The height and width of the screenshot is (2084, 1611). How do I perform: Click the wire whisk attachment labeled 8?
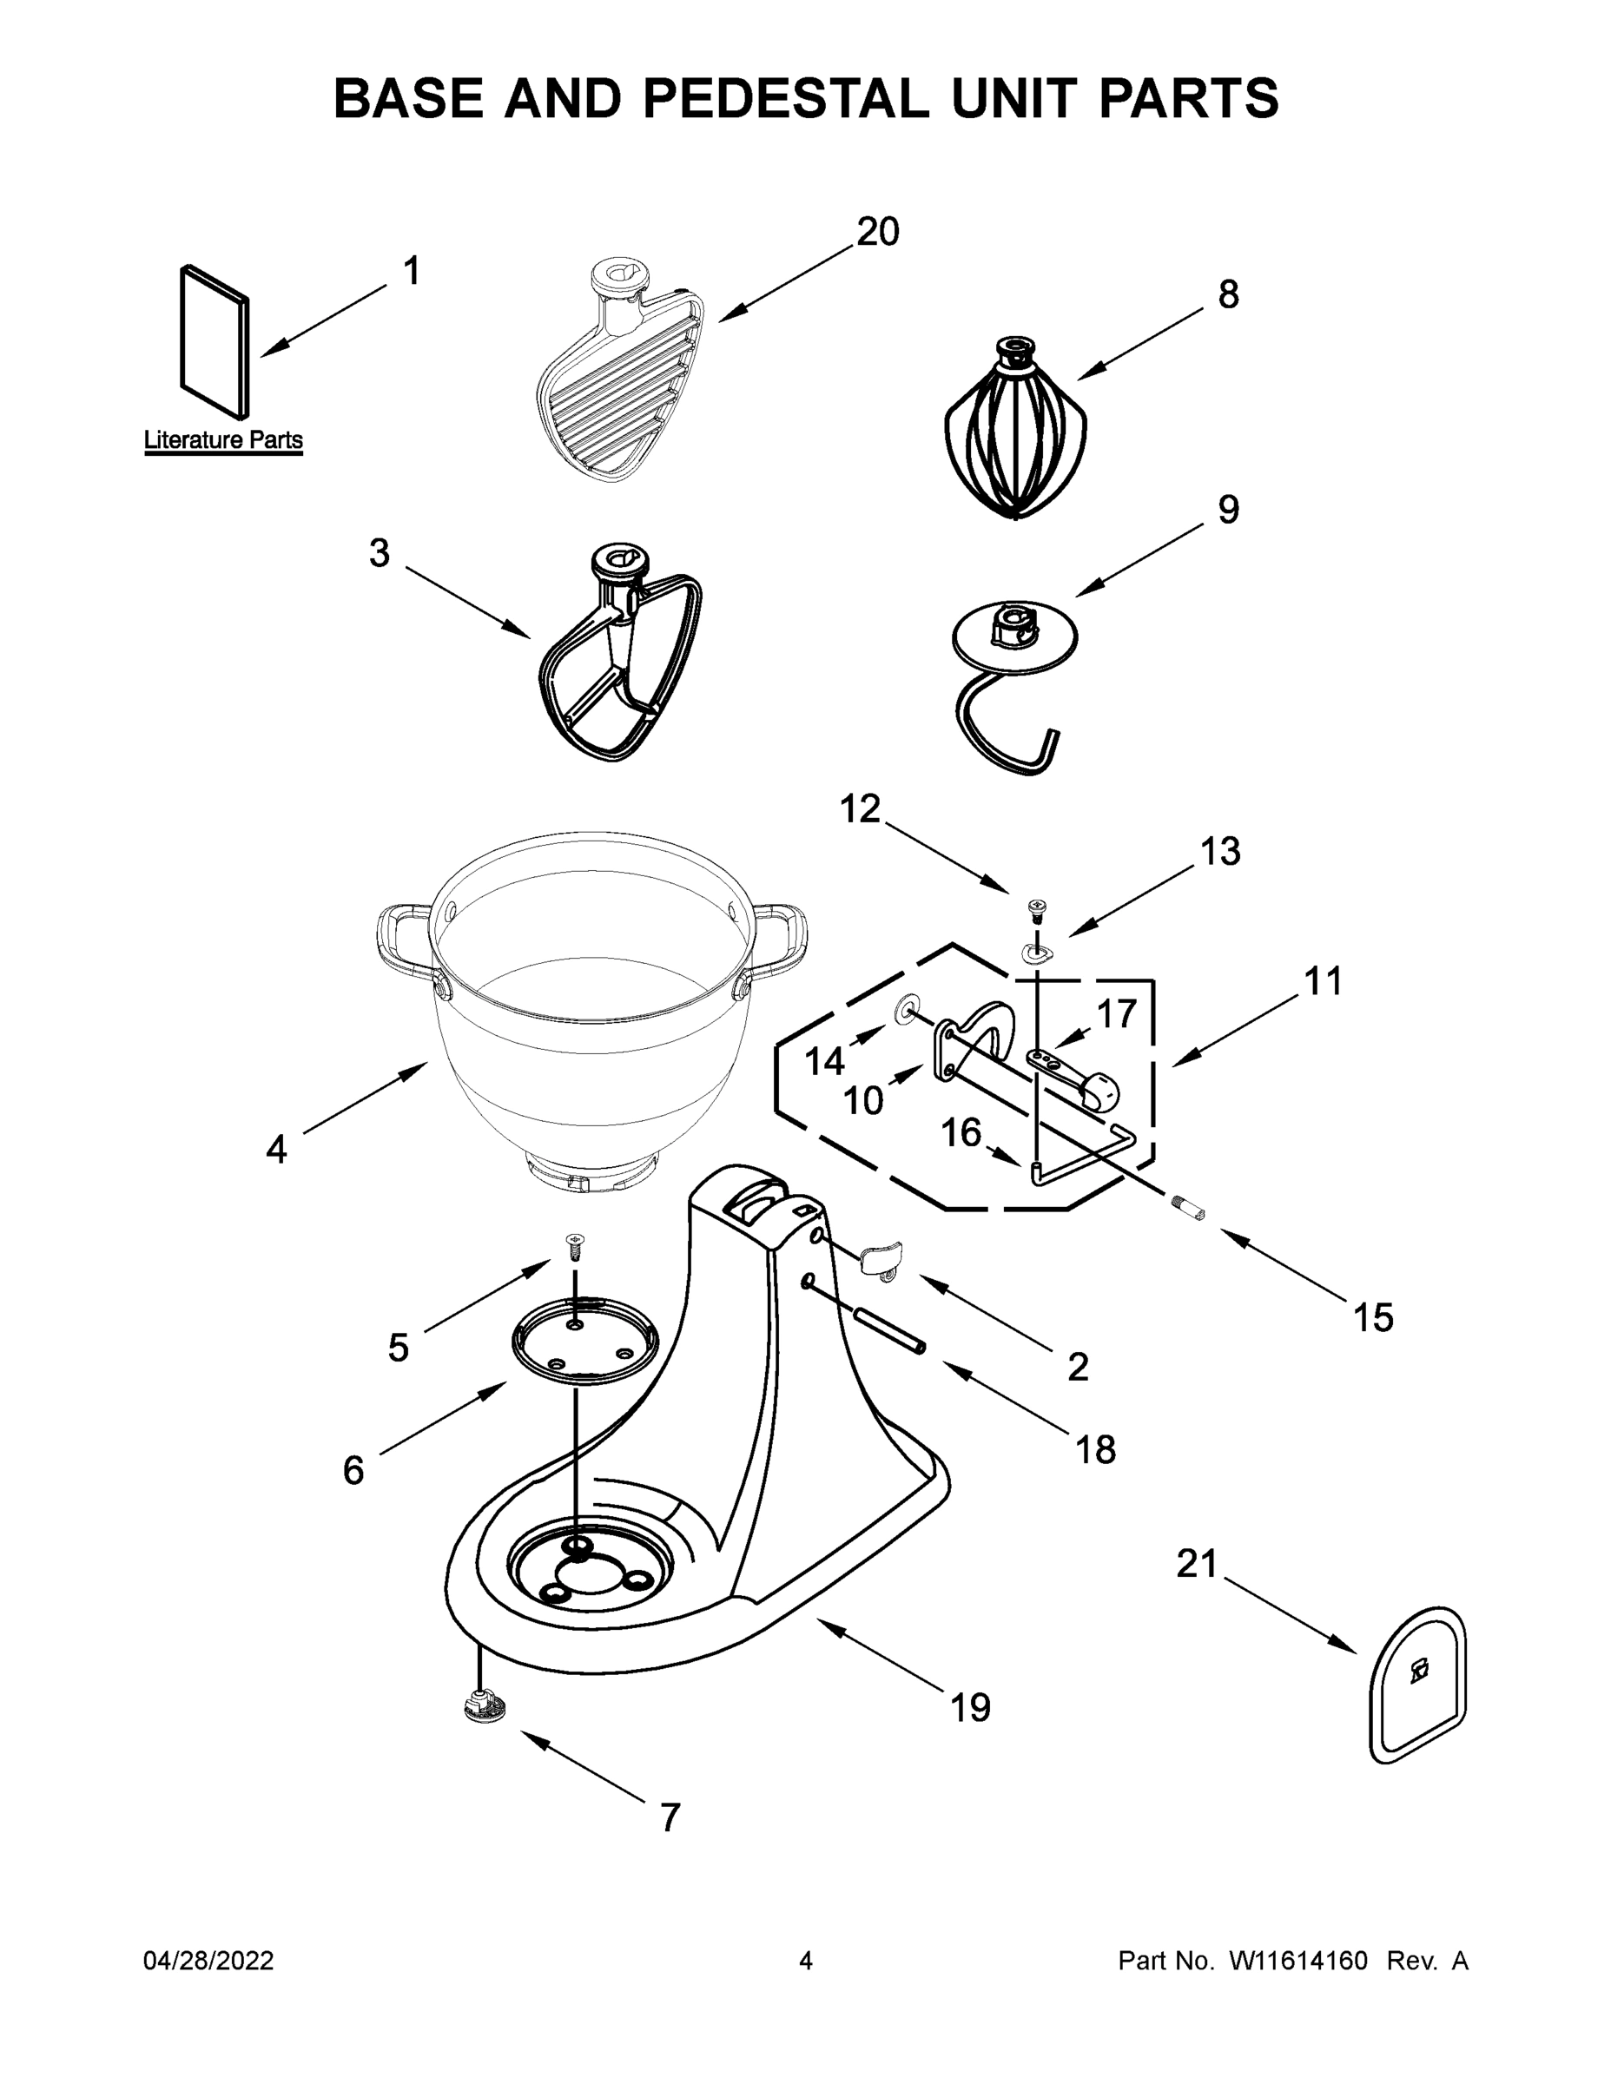1014,434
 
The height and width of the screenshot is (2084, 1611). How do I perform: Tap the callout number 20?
877,232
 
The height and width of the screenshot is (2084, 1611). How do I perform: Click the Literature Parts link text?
223,440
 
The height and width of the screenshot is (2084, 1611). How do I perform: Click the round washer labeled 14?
903,1010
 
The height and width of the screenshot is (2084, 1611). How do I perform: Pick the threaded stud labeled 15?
1188,1210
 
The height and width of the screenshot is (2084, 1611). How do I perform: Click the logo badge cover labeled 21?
1418,1685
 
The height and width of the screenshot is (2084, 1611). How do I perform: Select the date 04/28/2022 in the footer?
208,1961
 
